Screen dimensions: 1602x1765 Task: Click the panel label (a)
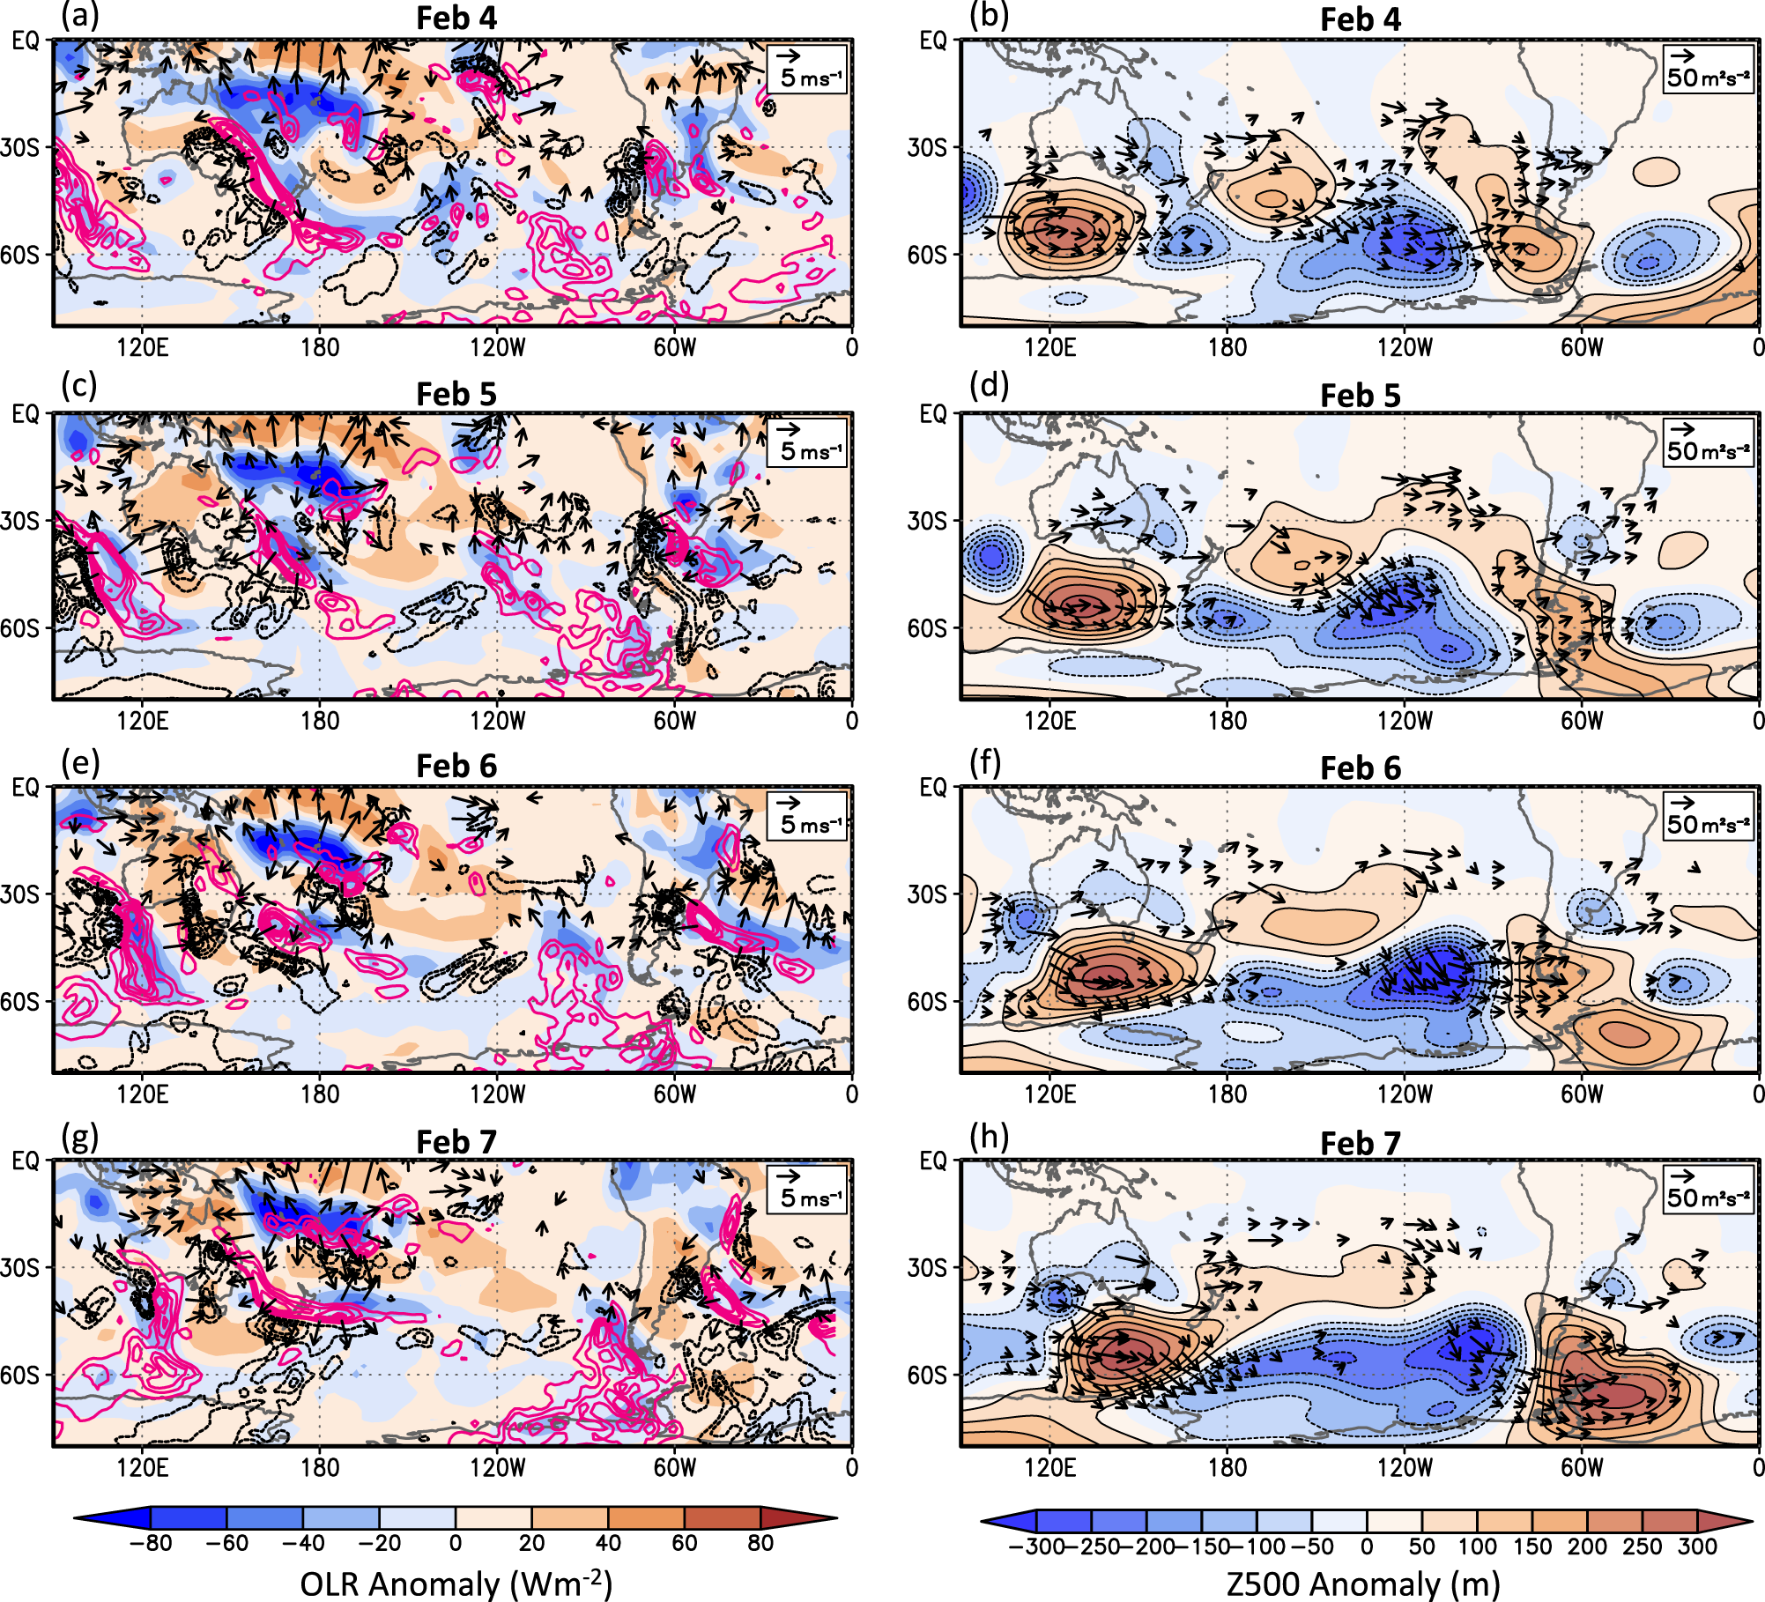[79, 16]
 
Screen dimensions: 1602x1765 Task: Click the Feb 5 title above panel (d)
[1360, 396]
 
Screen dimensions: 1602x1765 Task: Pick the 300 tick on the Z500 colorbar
[1697, 1546]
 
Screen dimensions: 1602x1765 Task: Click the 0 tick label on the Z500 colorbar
[1367, 1546]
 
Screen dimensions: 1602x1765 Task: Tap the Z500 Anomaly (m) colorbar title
[1363, 1583]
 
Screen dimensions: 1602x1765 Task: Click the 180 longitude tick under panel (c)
[320, 721]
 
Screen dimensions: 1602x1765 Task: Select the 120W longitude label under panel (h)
[1405, 1468]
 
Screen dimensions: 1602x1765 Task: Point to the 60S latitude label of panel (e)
[20, 1001]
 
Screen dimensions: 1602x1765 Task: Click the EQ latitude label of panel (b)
[933, 41]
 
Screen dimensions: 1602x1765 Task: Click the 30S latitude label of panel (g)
[20, 1268]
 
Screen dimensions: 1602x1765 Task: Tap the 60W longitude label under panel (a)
[674, 347]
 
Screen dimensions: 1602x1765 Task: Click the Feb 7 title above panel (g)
[456, 1142]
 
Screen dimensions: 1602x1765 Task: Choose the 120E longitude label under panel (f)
[1049, 1094]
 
